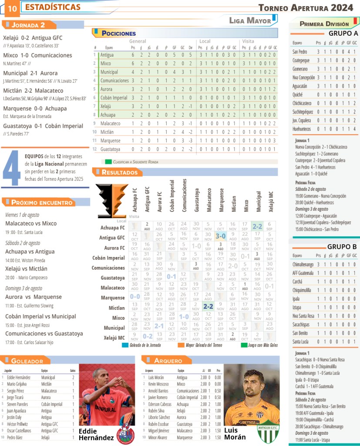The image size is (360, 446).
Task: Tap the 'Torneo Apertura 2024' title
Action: tap(306, 7)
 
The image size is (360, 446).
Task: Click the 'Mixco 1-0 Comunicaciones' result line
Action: tap(37, 55)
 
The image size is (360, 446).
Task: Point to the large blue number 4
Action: tap(12, 168)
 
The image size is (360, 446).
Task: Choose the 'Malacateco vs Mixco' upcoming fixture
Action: tap(31, 223)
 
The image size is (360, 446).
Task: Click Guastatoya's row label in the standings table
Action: tap(110, 149)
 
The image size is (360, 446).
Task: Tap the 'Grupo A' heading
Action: tap(343, 34)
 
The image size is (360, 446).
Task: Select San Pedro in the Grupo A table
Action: tap(300, 52)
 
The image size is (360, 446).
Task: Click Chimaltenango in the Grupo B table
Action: tap(304, 264)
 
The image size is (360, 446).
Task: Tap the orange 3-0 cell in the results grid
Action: tap(220, 236)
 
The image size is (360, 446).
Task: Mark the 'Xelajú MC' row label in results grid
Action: tap(114, 338)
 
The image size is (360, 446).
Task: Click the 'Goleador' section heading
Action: tap(27, 361)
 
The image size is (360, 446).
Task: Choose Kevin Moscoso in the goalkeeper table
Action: tap(158, 384)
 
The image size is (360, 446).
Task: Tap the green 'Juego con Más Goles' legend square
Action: tap(244, 345)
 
